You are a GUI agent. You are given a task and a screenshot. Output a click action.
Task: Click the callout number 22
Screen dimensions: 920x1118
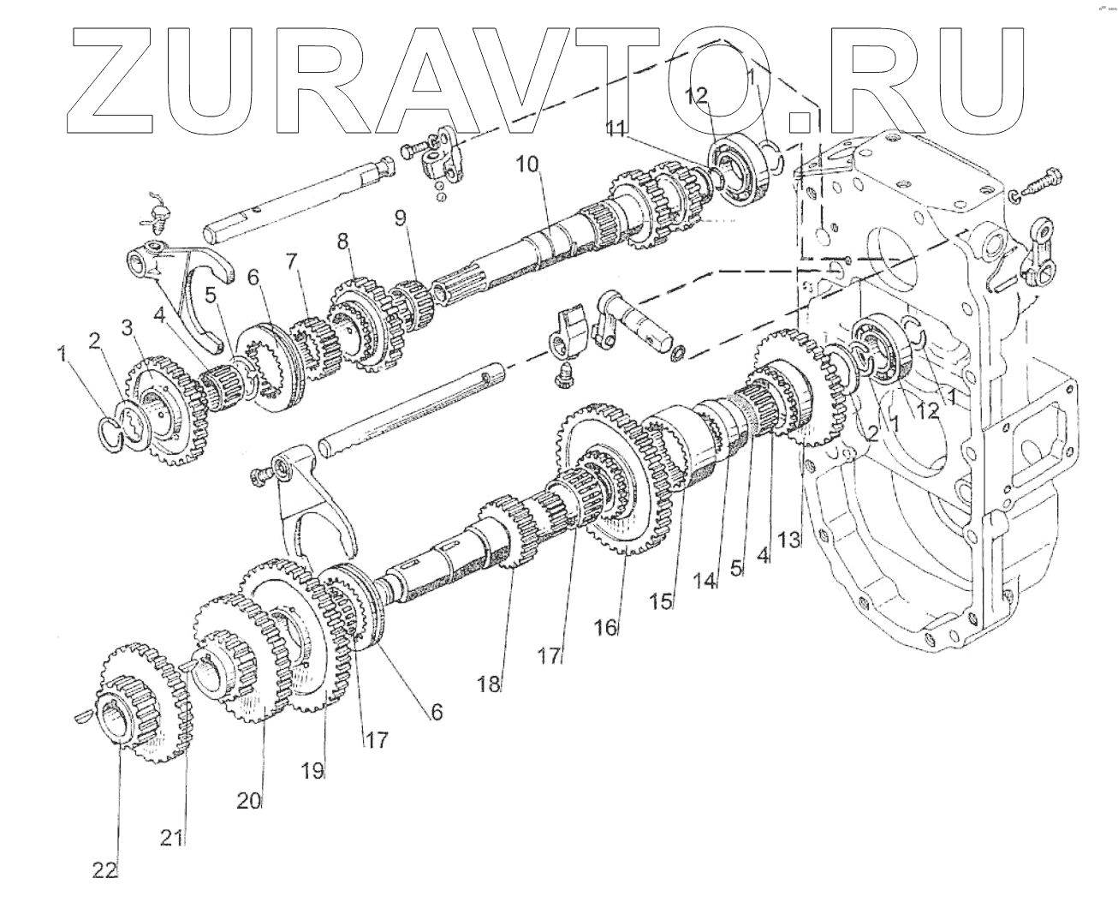[x=104, y=870]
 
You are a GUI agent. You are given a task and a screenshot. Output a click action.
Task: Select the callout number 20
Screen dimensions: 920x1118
[x=249, y=800]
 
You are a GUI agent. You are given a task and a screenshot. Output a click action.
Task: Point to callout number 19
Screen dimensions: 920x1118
[x=313, y=770]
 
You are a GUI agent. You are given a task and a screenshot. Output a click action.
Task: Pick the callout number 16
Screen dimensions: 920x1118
[x=605, y=627]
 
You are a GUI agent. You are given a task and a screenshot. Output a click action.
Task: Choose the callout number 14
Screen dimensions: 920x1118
[x=704, y=580]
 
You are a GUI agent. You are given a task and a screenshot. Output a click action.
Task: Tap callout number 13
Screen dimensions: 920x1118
[x=789, y=539]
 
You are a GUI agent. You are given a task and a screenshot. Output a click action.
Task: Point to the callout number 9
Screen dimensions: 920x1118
[x=401, y=218]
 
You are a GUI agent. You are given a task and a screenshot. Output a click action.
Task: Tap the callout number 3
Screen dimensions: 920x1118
[x=127, y=327]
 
